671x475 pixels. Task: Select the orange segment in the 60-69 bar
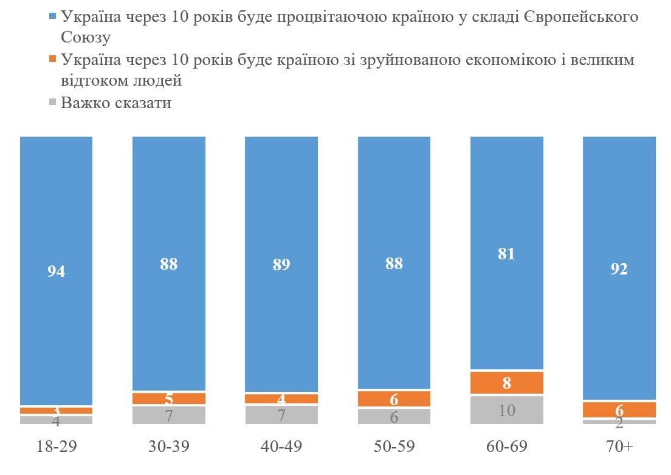[x=507, y=383]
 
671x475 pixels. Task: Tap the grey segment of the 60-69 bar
[x=507, y=410]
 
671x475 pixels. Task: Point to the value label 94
[x=56, y=272]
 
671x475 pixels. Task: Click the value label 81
[x=506, y=254]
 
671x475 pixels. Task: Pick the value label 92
[x=619, y=268]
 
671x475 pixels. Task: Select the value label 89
[x=281, y=265]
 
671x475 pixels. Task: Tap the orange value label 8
[x=507, y=383]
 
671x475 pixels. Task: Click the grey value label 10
[x=507, y=410]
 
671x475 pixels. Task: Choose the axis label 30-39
[x=169, y=446]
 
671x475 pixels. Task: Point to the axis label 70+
[x=619, y=446]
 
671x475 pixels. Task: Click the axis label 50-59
[x=394, y=446]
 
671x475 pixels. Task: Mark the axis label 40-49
[x=281, y=446]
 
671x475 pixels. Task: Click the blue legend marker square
[x=52, y=16]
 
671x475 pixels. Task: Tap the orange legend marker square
[x=52, y=60]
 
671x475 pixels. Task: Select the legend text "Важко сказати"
[x=116, y=103]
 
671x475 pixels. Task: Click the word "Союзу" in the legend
[x=86, y=38]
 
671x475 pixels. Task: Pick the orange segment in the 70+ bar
[x=619, y=409]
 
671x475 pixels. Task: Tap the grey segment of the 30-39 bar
[x=169, y=415]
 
